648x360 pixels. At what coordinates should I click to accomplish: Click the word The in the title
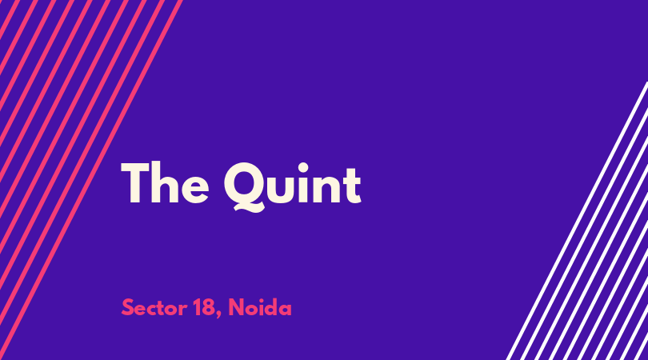pos(165,182)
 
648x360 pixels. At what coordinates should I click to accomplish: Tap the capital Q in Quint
pos(245,187)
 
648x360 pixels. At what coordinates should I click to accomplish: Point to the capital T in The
pos(134,182)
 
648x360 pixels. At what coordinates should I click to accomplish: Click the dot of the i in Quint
pos(303,168)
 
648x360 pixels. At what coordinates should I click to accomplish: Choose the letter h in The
pos(165,182)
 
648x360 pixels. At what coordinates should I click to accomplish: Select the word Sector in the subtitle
pos(154,308)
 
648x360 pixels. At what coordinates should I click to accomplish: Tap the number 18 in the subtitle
pos(204,308)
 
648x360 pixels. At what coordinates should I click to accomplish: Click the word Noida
pos(260,307)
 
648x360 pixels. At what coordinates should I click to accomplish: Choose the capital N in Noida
pos(236,308)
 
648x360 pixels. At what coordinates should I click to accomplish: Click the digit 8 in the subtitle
pos(209,308)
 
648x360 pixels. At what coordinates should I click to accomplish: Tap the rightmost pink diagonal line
pos(91,180)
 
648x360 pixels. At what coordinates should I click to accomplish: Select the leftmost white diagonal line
pos(578,221)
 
